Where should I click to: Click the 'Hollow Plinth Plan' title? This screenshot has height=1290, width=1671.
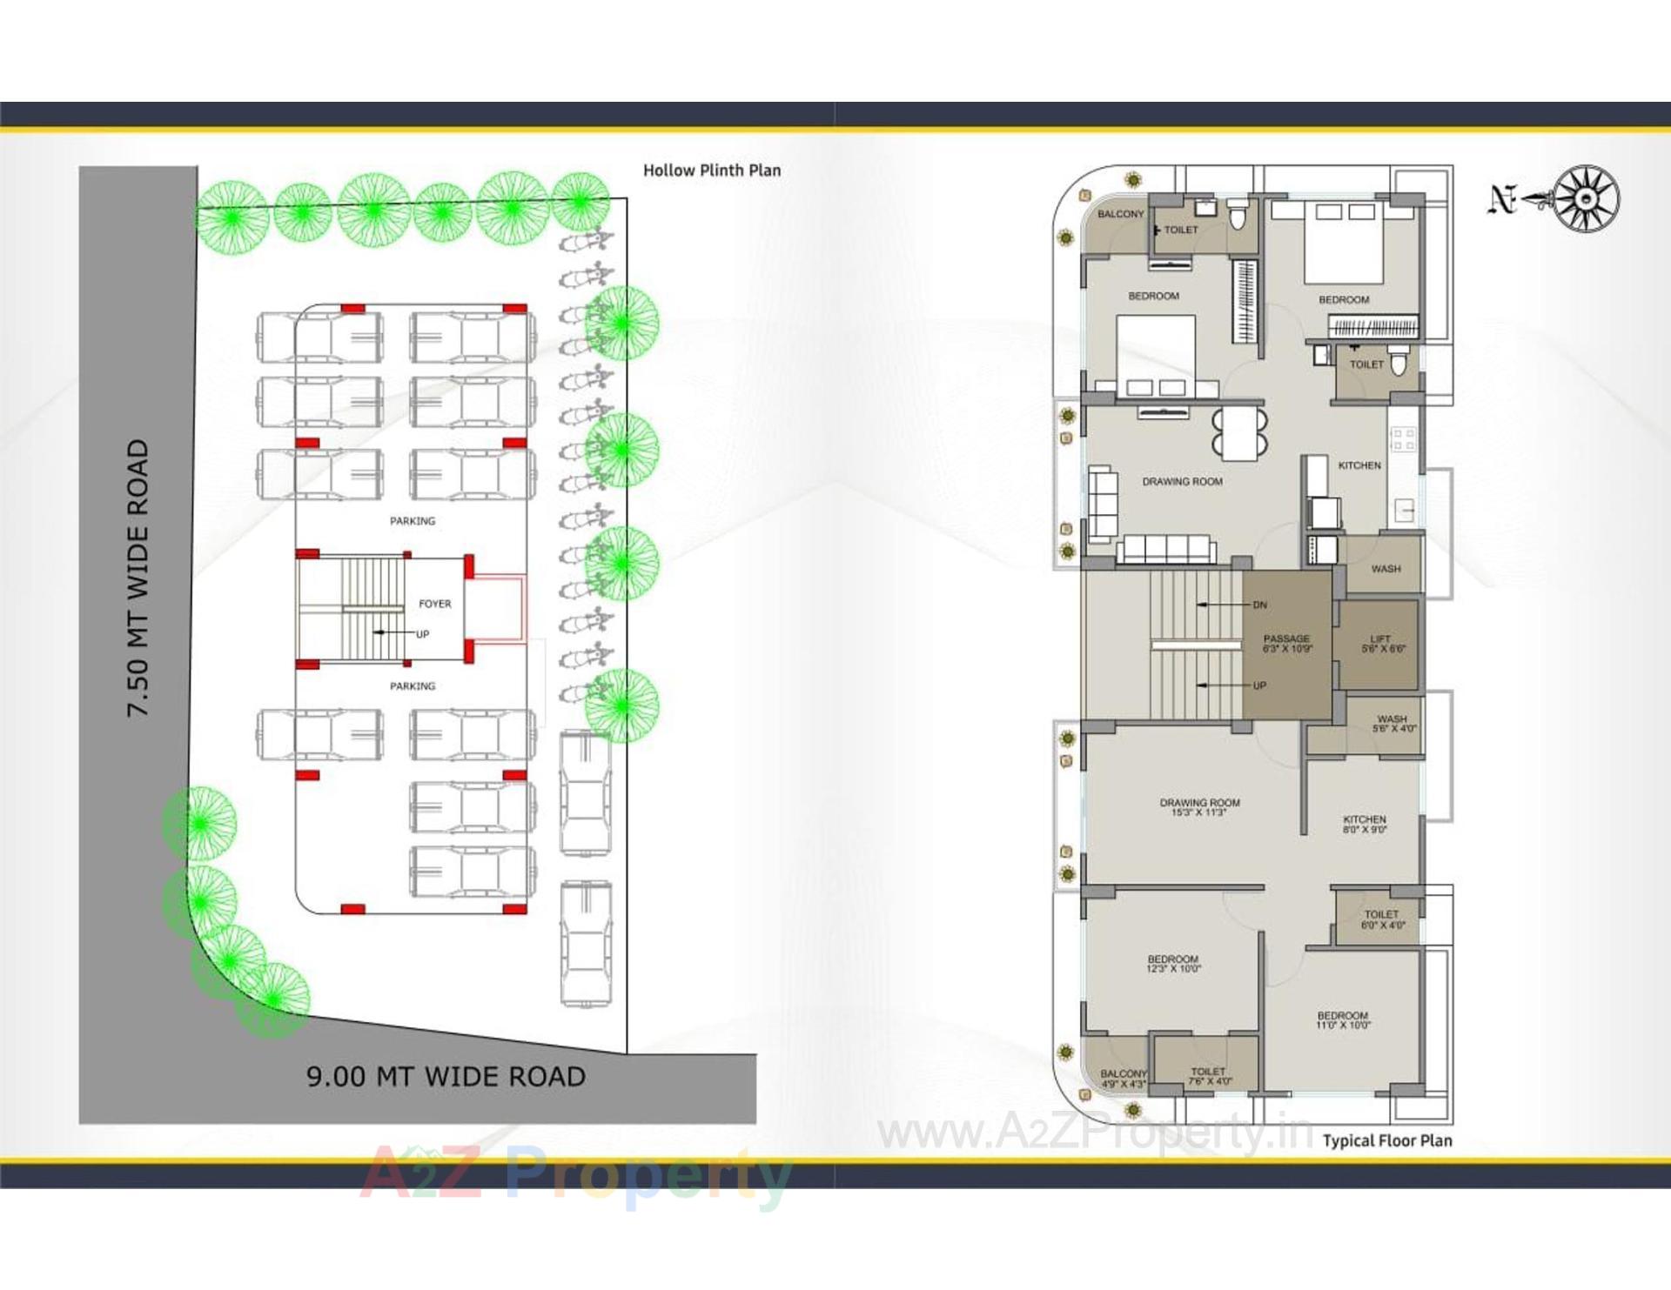[x=711, y=170]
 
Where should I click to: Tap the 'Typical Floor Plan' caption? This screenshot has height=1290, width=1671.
[x=1386, y=1140]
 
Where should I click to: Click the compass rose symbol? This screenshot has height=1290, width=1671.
[x=1586, y=199]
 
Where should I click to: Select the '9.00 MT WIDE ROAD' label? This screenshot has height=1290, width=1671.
[x=446, y=1077]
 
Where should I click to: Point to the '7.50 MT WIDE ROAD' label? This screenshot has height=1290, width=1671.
[x=138, y=578]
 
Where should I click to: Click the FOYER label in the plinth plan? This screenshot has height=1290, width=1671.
[x=434, y=604]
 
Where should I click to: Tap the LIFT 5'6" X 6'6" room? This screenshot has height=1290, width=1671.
[x=1380, y=644]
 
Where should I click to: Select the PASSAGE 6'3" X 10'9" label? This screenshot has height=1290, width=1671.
[x=1286, y=644]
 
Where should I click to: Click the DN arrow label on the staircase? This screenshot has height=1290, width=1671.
[x=1259, y=605]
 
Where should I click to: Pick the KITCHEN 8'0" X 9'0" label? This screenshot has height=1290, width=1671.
[x=1364, y=824]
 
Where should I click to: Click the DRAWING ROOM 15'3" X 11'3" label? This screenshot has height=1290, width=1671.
[x=1198, y=807]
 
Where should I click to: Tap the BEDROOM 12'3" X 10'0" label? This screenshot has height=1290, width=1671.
[x=1172, y=963]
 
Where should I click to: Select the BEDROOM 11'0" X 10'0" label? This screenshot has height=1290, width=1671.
[x=1342, y=1020]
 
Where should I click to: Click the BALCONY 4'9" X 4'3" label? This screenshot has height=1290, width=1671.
[x=1123, y=1079]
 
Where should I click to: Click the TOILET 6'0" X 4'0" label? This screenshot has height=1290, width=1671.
[x=1381, y=919]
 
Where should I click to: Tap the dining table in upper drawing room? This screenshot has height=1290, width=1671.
[x=1239, y=433]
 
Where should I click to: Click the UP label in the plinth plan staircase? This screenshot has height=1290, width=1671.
[x=422, y=634]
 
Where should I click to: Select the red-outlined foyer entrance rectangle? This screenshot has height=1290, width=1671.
[x=497, y=608]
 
